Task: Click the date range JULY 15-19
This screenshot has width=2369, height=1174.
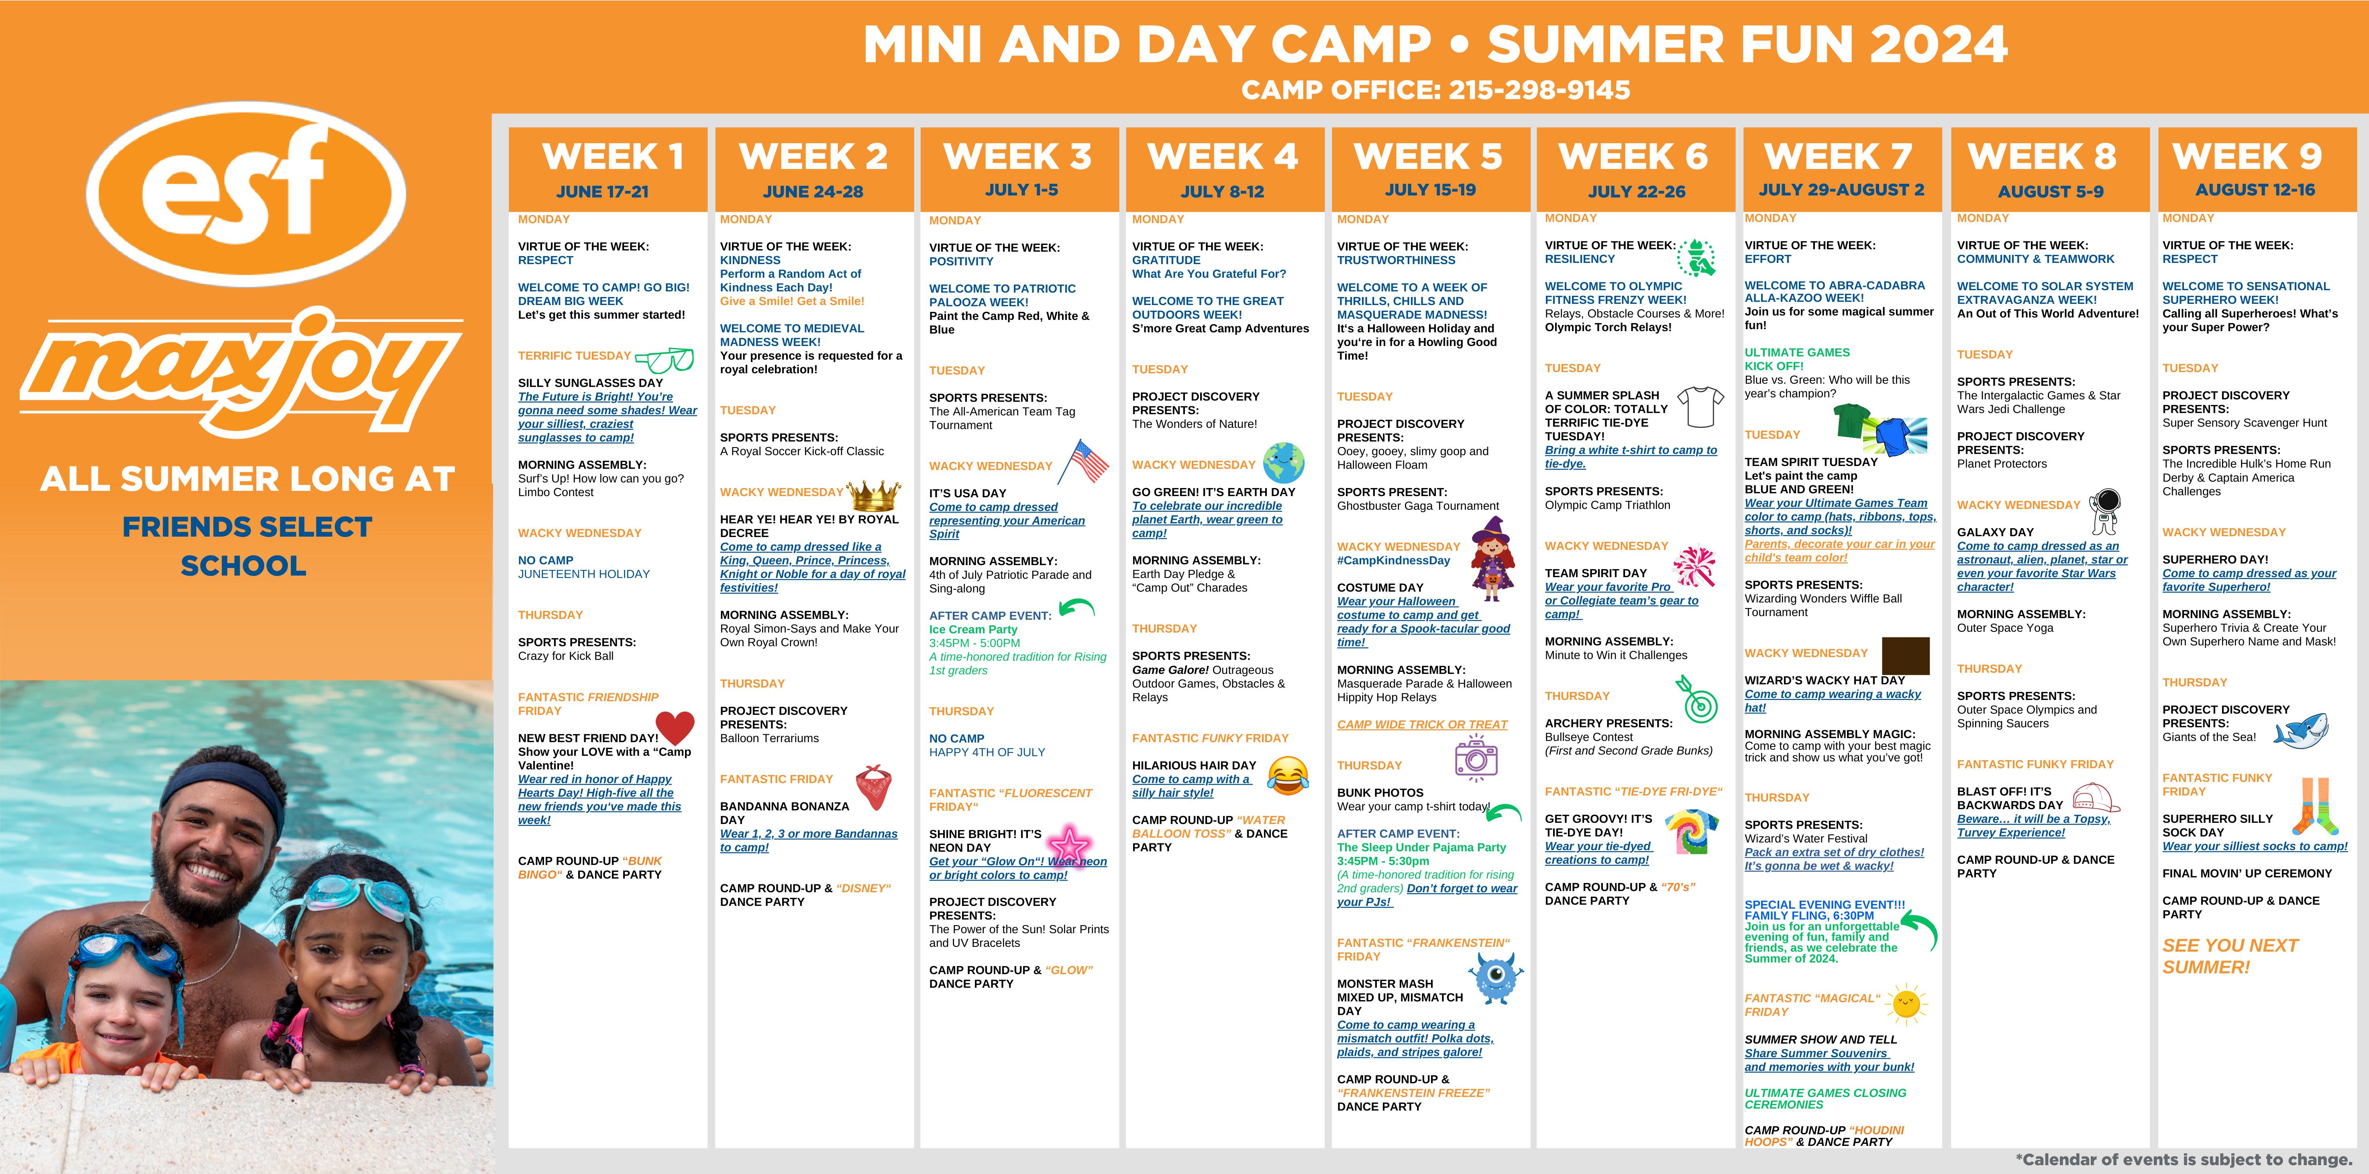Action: click(x=1430, y=189)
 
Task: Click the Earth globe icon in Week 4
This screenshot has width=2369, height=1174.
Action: click(x=1284, y=462)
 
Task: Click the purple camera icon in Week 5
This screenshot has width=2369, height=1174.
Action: click(x=1476, y=757)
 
